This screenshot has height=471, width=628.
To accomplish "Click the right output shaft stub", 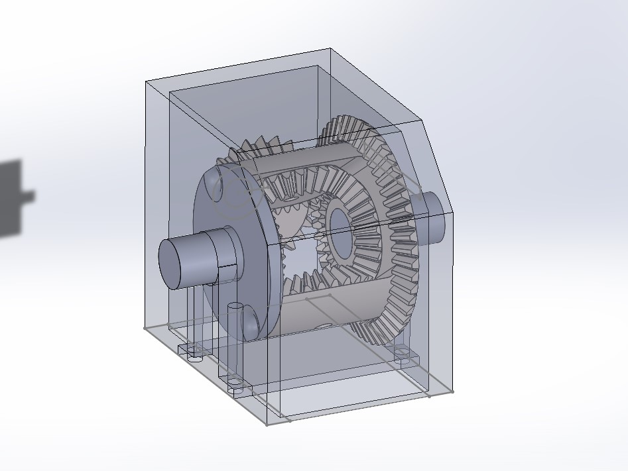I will [x=432, y=215].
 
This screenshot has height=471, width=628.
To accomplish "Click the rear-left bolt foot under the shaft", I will [x=194, y=351].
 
